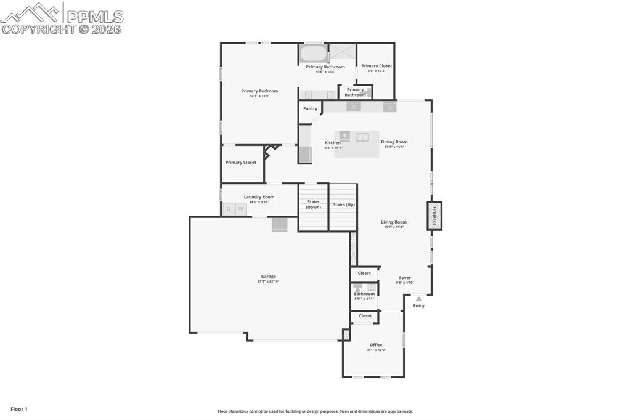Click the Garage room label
click(x=267, y=277)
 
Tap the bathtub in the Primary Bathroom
click(x=312, y=53)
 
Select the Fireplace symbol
click(x=434, y=216)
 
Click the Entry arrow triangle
click(x=418, y=299)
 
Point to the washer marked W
click(x=241, y=209)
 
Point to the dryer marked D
click(x=229, y=209)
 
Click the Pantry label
click(x=310, y=108)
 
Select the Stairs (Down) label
click(x=314, y=204)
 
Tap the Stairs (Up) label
click(x=343, y=204)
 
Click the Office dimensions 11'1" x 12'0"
click(x=376, y=350)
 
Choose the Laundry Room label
click(x=259, y=197)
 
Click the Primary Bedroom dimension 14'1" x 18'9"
click(x=259, y=96)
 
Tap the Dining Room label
click(x=394, y=142)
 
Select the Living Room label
click(x=394, y=222)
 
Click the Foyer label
click(x=405, y=278)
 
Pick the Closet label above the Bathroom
click(x=364, y=273)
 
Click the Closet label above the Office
click(x=365, y=315)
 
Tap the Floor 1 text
click(x=19, y=409)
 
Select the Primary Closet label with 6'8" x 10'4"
click(x=377, y=66)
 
